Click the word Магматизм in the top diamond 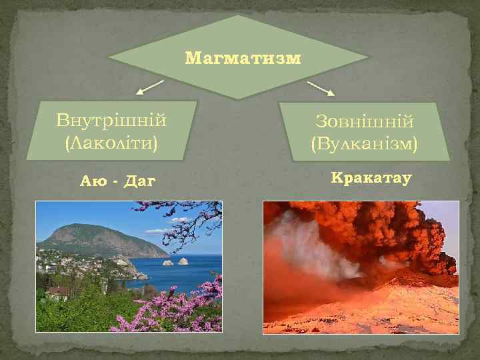(x=243, y=58)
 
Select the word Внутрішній (x=111, y=121)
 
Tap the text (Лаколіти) (x=111, y=142)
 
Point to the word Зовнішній (x=364, y=121)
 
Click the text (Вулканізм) (x=364, y=143)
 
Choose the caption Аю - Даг (x=117, y=180)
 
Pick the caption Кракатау (x=371, y=179)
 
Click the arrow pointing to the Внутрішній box (x=150, y=87)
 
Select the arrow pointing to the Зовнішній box (x=321, y=88)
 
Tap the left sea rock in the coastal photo (x=167, y=262)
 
